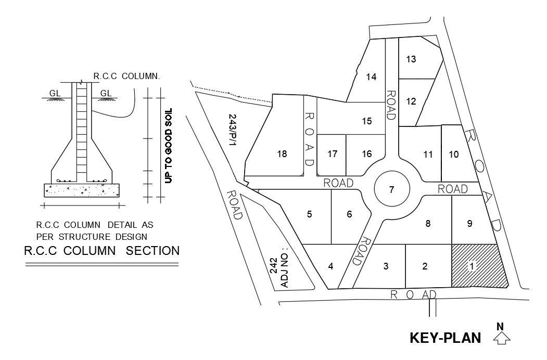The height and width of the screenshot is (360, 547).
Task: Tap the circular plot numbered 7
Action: [392, 189]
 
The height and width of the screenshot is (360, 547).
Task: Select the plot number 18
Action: [282, 153]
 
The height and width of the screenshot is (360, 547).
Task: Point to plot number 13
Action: [411, 59]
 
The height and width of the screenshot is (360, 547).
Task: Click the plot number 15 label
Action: [367, 121]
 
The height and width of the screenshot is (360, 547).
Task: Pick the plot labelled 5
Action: [309, 214]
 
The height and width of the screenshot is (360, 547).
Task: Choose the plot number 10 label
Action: [453, 154]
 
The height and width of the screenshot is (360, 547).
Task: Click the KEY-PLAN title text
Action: [445, 338]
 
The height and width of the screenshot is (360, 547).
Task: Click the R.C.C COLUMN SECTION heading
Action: [101, 251]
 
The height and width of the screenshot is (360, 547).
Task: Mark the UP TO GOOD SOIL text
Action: [168, 145]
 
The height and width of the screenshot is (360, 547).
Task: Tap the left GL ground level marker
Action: [55, 93]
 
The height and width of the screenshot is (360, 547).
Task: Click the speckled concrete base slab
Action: [82, 190]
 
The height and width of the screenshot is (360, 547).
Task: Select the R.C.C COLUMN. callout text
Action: [126, 76]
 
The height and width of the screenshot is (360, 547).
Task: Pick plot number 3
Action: [386, 266]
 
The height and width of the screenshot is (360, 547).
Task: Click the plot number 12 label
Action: [411, 101]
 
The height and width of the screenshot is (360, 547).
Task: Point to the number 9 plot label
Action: [469, 224]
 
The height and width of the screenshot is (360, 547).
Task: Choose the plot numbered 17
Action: [333, 153]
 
